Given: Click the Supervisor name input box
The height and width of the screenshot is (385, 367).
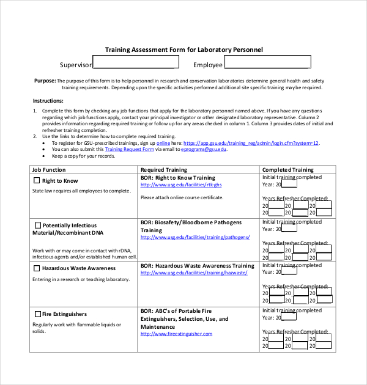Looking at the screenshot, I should click(136, 62).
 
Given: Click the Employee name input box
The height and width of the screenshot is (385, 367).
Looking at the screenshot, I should click(267, 62).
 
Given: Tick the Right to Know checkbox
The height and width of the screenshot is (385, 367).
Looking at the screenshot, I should click(37, 181).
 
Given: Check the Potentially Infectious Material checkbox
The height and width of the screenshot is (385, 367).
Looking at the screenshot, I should click(38, 226).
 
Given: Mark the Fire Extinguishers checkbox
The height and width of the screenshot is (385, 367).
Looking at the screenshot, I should click(38, 314).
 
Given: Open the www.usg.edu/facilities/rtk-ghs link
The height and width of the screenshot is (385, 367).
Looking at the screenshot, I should click(181, 185).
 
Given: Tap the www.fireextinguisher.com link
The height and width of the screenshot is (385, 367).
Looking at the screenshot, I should click(176, 334).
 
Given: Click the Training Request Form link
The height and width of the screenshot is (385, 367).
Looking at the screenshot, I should click(129, 149).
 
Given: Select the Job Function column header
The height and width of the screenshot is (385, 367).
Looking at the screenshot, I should click(49, 170).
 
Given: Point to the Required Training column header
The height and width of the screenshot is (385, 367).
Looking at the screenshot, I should click(164, 170).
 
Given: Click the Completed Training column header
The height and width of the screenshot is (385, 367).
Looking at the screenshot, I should click(287, 170).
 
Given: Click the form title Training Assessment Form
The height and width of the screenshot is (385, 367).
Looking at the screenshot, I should click(183, 50).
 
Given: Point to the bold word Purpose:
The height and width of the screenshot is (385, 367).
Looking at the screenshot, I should click(45, 81).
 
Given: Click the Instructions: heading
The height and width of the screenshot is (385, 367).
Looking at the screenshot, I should click(48, 100).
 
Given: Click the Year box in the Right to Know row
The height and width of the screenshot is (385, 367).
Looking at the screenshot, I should click(289, 184).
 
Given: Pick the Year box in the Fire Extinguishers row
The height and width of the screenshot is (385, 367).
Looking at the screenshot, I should click(289, 318).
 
